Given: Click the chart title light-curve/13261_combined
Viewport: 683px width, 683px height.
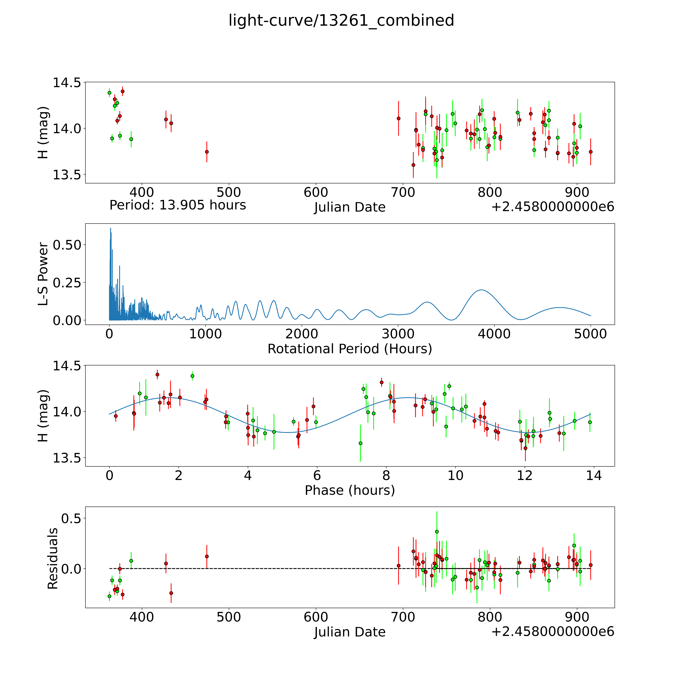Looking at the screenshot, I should tap(341, 20).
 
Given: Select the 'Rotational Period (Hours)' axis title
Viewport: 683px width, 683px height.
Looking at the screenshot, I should tap(350, 349).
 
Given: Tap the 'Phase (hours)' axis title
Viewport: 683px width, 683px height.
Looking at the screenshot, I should tap(350, 490).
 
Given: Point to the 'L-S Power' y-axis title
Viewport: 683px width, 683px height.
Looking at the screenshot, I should tap(43, 274).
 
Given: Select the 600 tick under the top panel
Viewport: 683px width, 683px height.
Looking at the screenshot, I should tap(316, 193).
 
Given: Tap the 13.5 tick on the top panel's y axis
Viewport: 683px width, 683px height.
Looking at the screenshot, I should tap(66, 175).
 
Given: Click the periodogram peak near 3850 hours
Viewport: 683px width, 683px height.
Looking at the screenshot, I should tap(481, 290).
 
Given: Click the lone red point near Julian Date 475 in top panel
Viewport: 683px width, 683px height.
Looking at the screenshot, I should tap(207, 152).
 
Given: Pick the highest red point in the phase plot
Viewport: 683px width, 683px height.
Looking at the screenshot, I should tap(157, 374).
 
